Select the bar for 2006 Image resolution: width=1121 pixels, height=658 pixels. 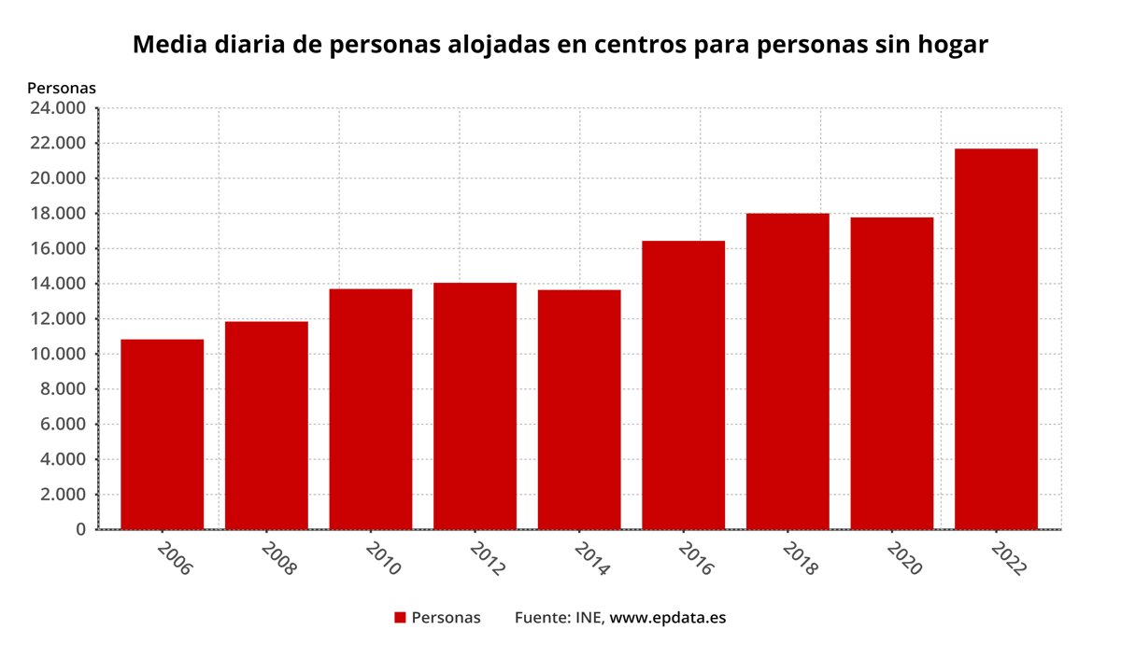click(x=163, y=434)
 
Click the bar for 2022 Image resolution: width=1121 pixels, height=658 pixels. click(x=996, y=339)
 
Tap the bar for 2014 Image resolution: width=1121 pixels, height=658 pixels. click(x=579, y=410)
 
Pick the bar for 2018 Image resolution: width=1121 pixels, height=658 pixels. click(x=788, y=371)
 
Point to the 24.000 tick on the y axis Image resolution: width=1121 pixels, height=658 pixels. click(x=58, y=108)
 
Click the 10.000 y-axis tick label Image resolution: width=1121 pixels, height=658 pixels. click(x=58, y=354)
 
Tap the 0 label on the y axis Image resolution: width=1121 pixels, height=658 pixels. click(x=80, y=529)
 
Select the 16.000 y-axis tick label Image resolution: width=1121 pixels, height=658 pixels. click(x=58, y=248)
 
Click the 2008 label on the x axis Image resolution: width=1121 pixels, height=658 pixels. click(x=278, y=557)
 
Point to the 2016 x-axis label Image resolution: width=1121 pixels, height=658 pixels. click(x=695, y=557)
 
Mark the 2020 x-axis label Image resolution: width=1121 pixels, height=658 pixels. click(x=903, y=557)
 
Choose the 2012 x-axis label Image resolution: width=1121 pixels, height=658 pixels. click(x=487, y=557)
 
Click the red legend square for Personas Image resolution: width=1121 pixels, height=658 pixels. click(x=400, y=618)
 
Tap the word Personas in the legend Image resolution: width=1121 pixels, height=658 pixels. click(x=446, y=618)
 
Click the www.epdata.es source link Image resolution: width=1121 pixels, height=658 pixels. click(x=667, y=618)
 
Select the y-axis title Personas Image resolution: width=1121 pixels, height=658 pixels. click(x=62, y=88)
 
